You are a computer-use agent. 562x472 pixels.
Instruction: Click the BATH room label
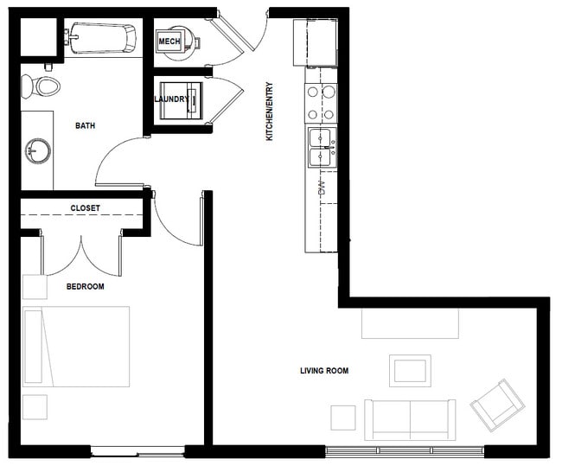pyautogui.click(x=86, y=126)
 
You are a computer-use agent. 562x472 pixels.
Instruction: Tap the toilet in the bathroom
pyautogui.click(x=41, y=86)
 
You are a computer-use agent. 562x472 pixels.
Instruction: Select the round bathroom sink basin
pyautogui.click(x=38, y=151)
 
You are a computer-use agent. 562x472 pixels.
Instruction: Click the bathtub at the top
pyautogui.click(x=100, y=38)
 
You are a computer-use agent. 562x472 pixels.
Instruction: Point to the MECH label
pyautogui.click(x=169, y=41)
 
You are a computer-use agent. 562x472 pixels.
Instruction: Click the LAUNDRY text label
pyautogui.click(x=171, y=99)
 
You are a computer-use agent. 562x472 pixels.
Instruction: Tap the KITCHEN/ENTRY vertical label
pyautogui.click(x=270, y=112)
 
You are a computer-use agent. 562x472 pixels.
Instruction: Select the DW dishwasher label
pyautogui.click(x=323, y=188)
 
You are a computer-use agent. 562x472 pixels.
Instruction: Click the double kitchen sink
pyautogui.click(x=323, y=147)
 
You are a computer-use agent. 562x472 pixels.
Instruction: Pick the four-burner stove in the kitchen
pyautogui.click(x=321, y=103)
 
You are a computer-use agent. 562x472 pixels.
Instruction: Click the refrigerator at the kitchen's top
pyautogui.click(x=316, y=42)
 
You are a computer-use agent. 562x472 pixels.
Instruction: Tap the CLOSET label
pyautogui.click(x=86, y=208)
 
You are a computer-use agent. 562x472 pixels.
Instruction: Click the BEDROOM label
pyautogui.click(x=86, y=287)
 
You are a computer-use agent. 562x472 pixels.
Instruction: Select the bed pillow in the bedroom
pyautogui.click(x=34, y=347)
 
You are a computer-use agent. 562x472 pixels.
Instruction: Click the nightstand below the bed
pyautogui.click(x=35, y=407)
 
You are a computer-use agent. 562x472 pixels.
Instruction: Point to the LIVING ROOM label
pyautogui.click(x=324, y=371)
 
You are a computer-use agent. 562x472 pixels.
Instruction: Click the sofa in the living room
pyautogui.click(x=411, y=420)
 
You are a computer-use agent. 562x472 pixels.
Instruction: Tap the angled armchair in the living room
pyautogui.click(x=497, y=405)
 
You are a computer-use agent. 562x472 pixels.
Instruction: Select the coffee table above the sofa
pyautogui.click(x=411, y=371)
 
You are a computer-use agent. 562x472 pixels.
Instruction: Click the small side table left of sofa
pyautogui.click(x=343, y=418)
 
